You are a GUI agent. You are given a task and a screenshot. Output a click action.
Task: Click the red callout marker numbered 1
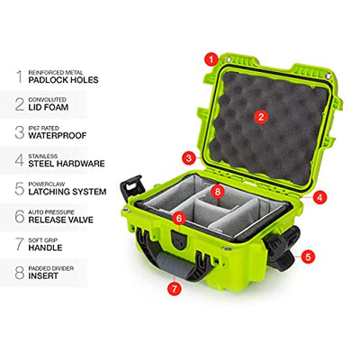[x=211, y=59]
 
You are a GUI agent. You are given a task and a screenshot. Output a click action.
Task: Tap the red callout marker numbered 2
[x=261, y=117]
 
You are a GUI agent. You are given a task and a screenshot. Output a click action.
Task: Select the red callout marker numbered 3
[x=189, y=157]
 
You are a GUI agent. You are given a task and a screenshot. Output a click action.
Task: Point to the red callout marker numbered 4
[x=319, y=197]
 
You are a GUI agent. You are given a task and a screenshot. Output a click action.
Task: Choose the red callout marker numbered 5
[x=308, y=256]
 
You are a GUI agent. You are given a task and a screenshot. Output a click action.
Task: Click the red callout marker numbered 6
[x=179, y=219]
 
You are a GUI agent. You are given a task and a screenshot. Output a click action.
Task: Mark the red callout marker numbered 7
[x=175, y=288]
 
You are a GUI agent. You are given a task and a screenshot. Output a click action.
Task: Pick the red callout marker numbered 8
[x=218, y=192]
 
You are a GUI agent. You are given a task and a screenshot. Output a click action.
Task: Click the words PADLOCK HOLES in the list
[x=63, y=80]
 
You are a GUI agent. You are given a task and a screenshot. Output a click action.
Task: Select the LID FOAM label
[x=49, y=107]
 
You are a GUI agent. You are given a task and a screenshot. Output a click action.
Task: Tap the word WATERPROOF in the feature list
[x=58, y=135]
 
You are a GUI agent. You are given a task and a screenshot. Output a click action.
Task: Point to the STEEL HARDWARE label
[x=67, y=164]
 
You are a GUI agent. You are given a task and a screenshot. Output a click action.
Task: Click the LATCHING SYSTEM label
[x=67, y=192]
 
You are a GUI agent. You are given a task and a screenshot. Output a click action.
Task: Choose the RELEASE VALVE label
[x=61, y=220]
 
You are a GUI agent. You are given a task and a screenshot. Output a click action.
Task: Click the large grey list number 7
[x=20, y=244]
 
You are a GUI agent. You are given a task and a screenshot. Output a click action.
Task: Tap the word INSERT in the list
[x=43, y=275]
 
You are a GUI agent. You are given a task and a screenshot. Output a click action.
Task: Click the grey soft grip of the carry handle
[x=170, y=265]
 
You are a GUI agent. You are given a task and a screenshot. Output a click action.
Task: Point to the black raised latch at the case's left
[x=132, y=188]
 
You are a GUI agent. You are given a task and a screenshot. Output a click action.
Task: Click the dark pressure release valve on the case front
[x=179, y=239]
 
